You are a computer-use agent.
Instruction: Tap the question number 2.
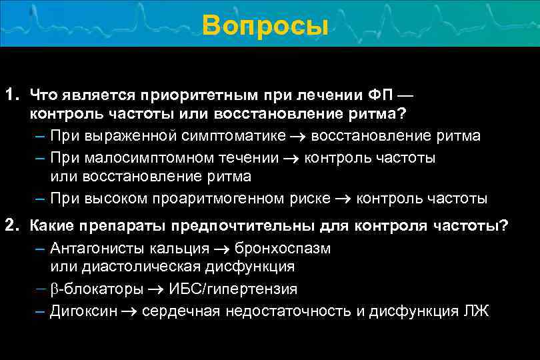click(x=11, y=225)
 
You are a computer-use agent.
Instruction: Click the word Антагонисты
click(x=93, y=248)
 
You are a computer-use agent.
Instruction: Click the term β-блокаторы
click(x=97, y=289)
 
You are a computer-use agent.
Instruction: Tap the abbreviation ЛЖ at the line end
click(x=479, y=311)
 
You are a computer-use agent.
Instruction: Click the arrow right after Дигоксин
click(x=131, y=311)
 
